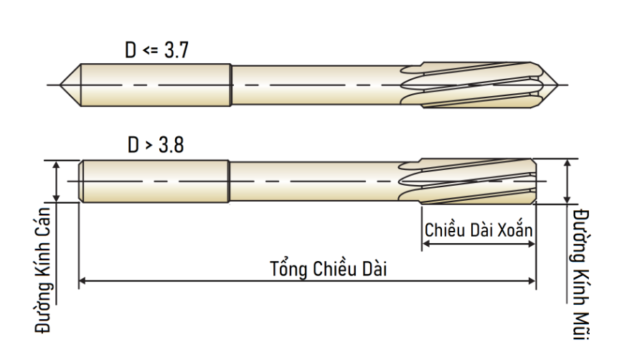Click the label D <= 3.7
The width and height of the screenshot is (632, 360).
(156, 50)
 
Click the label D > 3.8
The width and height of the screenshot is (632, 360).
(156, 145)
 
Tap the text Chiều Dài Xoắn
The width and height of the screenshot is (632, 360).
(478, 229)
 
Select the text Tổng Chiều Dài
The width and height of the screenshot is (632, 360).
(328, 268)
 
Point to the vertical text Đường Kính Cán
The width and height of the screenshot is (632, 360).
(43, 270)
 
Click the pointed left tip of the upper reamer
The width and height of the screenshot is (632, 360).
(60, 85)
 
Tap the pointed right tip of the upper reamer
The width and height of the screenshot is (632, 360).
(558, 85)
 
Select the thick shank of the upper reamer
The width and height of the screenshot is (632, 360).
(156, 85)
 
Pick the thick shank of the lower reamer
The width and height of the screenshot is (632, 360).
(154, 181)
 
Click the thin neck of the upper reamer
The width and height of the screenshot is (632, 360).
(319, 85)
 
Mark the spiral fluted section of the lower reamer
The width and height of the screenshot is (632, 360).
(468, 181)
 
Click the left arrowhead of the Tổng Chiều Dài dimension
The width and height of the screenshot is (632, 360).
(82, 280)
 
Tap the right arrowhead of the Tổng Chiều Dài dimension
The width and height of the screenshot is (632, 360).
(532, 280)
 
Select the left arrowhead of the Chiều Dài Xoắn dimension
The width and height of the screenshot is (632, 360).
(425, 244)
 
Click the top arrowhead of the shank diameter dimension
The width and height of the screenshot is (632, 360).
(57, 164)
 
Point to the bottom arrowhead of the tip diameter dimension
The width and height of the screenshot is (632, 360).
(567, 200)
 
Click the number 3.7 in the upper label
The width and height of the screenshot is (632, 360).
(176, 50)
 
